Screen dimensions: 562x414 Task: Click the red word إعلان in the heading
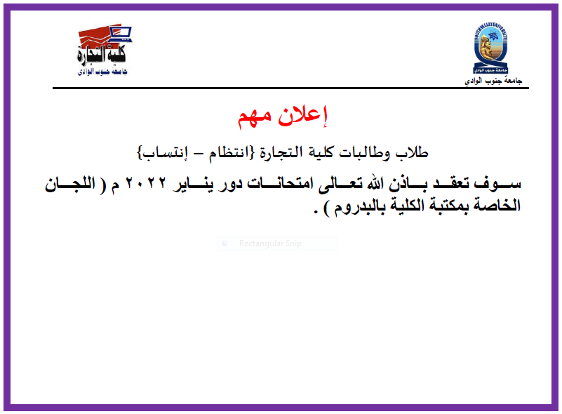tap(302, 116)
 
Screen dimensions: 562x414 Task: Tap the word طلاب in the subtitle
tap(411, 152)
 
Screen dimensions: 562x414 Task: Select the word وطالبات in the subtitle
tap(364, 153)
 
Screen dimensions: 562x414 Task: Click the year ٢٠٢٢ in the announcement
tap(145, 183)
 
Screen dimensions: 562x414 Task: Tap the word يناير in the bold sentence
tap(193, 184)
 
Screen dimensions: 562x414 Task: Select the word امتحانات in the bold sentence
tap(279, 183)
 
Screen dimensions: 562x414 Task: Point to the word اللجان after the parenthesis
tap(70, 184)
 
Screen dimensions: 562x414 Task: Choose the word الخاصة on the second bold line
tap(497, 206)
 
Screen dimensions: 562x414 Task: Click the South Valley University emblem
tap(490, 48)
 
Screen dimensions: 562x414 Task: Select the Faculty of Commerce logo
tap(103, 51)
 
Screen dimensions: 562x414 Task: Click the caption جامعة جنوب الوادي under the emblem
tap(493, 81)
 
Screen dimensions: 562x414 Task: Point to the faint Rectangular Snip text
tap(270, 243)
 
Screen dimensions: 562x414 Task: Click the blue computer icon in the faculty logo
tap(121, 34)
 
